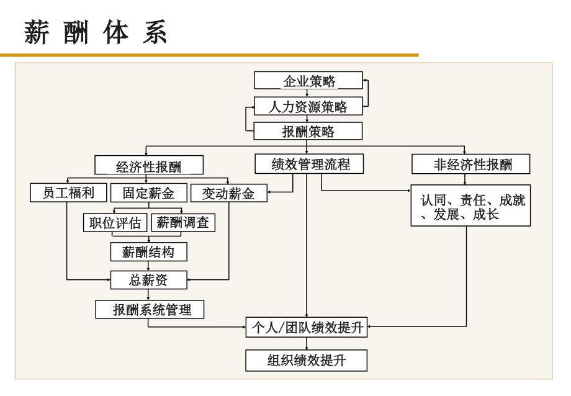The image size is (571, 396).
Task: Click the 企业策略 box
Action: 308,81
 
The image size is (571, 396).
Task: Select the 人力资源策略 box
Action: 308,106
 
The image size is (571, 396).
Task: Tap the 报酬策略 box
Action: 308,131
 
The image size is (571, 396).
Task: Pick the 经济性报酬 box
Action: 149,165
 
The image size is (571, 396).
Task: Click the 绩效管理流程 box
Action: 309,164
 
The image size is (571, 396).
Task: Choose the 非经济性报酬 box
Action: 471,164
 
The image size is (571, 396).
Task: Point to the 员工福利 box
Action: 68,192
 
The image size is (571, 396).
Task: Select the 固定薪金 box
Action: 148,192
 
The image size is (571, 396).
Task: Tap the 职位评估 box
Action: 115,223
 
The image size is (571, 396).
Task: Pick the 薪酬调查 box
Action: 183,222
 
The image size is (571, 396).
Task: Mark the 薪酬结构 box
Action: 148,252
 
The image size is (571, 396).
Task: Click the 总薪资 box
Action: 148,280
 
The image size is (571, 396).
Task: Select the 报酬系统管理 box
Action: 150,309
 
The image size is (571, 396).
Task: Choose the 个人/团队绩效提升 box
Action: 306,327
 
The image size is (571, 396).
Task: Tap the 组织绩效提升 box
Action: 306,361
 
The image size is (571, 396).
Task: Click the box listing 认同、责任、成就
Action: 470,205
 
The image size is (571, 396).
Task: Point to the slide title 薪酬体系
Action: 96,32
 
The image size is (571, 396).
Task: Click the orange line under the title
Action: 209,55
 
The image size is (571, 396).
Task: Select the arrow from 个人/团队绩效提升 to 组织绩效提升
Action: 307,343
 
